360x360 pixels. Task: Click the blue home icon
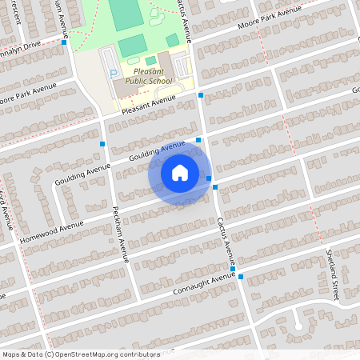pos(180,173)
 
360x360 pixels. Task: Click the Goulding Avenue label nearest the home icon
pos(156,151)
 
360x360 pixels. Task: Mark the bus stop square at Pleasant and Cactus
pos(201,95)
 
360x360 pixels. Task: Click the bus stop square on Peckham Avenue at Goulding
pos(103,144)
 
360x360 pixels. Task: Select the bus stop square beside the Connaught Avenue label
pos(240,277)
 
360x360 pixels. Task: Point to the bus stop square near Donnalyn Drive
pos(64,42)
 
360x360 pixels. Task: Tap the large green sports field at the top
pos(124,14)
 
